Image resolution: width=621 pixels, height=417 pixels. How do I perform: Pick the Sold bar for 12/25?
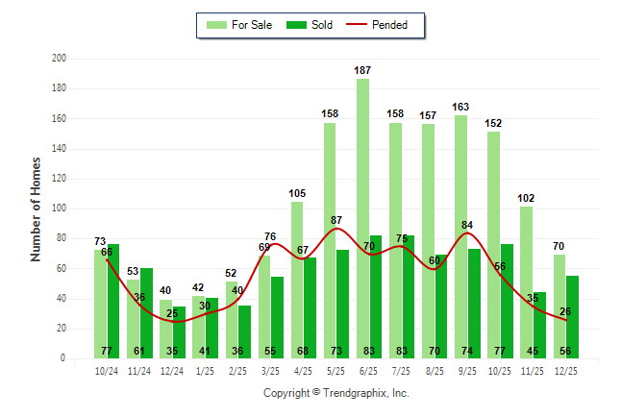(572, 317)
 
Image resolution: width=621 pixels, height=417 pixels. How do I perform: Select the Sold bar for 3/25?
(277, 317)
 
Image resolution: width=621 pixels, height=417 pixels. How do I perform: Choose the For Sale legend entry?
(236, 25)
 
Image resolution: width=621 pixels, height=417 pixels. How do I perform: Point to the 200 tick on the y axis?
(59, 59)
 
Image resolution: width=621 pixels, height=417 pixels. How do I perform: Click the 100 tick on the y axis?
(59, 208)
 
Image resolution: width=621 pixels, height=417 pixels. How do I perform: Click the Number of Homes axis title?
(36, 208)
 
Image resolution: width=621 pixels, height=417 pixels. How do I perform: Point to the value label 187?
(362, 70)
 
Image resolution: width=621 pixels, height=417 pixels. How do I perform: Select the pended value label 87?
(336, 221)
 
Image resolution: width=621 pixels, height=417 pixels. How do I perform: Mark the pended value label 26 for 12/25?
(565, 311)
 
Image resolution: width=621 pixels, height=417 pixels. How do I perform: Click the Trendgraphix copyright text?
(335, 393)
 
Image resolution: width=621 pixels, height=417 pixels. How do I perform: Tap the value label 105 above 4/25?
(297, 193)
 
